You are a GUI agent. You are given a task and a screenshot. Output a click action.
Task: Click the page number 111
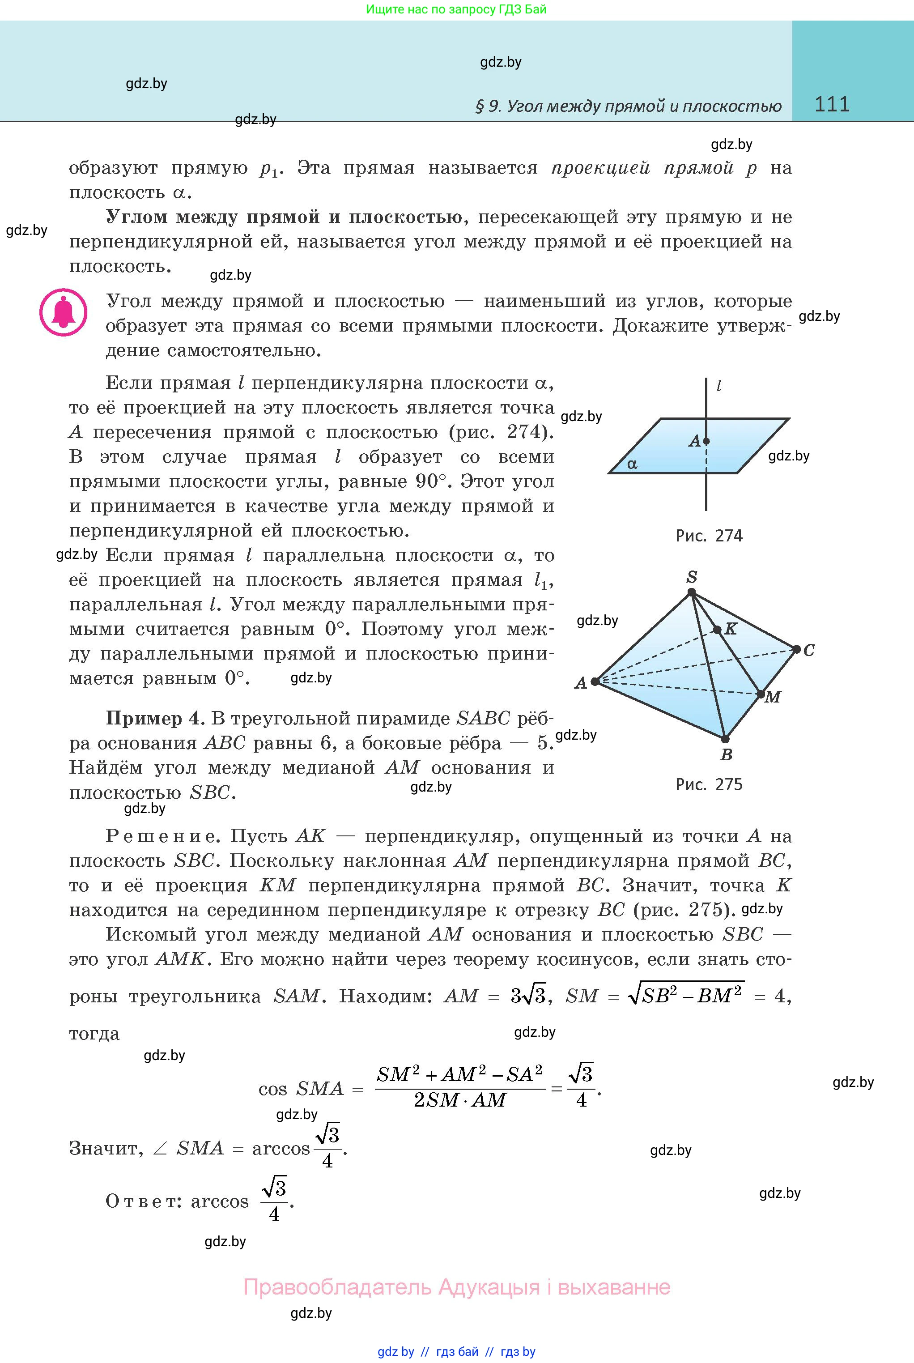[832, 104]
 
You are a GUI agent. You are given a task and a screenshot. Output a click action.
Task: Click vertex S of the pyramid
[691, 592]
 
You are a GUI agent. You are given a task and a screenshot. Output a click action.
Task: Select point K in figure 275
[718, 630]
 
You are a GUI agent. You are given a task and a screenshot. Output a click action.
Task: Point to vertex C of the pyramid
[796, 649]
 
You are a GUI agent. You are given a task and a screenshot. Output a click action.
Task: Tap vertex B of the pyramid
[725, 739]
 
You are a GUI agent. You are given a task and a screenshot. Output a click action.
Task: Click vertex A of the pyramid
[595, 681]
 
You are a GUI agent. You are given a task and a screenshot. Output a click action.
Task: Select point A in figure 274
[706, 441]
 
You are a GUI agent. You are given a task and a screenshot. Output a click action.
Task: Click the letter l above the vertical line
[719, 385]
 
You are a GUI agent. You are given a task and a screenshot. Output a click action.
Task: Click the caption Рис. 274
[709, 535]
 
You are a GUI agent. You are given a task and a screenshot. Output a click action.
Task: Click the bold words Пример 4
[154, 718]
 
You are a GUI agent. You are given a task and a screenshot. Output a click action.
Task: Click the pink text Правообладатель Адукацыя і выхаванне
[456, 1286]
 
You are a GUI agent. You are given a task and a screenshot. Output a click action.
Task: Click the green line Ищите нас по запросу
[456, 9]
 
